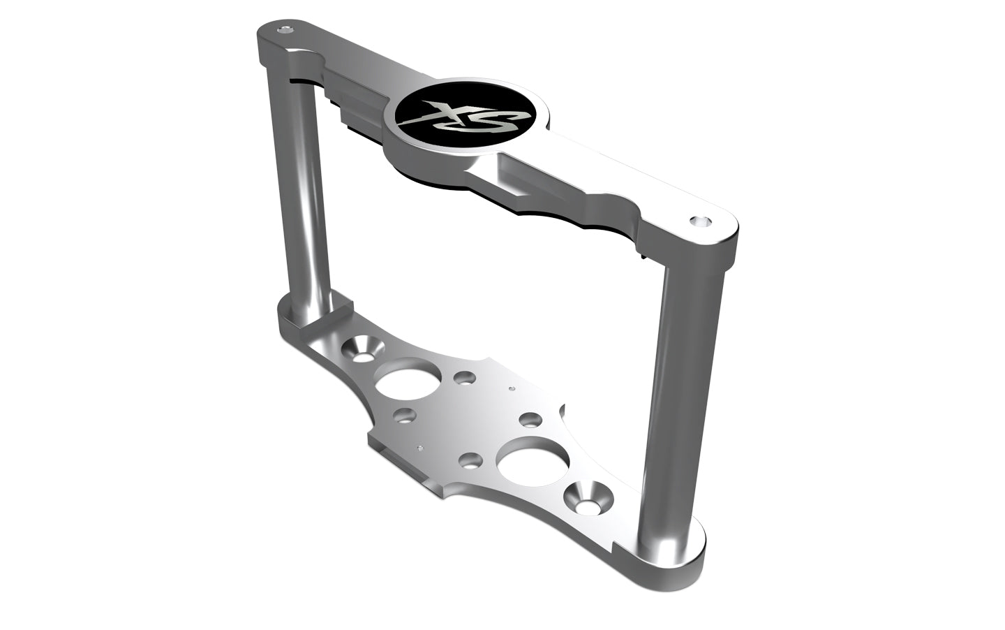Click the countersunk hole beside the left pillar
pos(362,347)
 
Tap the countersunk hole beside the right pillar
pos(587,497)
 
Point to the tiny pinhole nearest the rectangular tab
pos(419,446)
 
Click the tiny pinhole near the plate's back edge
pos(512,387)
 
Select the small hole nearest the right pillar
pos(530,420)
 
